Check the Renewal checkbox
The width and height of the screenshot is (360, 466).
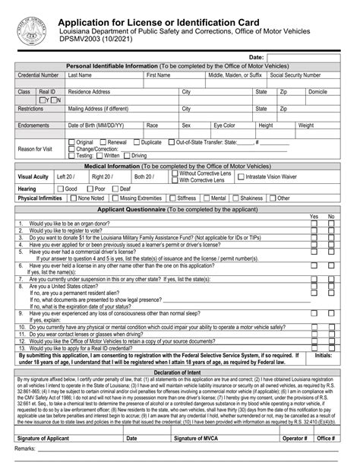pyautogui.click(x=103, y=142)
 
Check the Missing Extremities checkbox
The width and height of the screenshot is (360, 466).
pyautogui.click(x=113, y=198)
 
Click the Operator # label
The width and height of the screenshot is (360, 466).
pyautogui.click(x=295, y=439)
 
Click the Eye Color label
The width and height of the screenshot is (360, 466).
pyautogui.click(x=224, y=125)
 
